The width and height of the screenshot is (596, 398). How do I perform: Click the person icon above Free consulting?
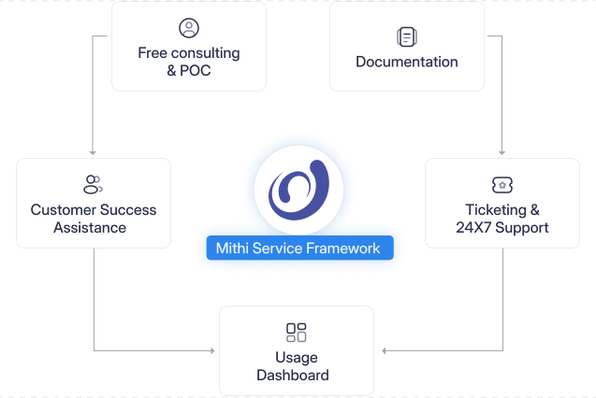pyautogui.click(x=189, y=28)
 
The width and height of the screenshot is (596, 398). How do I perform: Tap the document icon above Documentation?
pyautogui.click(x=406, y=37)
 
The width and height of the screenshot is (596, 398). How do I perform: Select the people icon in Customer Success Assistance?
pyautogui.click(x=93, y=184)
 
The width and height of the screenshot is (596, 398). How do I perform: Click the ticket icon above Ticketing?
pyautogui.click(x=502, y=185)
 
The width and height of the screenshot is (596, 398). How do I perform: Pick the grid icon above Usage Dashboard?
pyautogui.click(x=297, y=333)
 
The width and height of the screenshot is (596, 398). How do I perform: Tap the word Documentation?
pyautogui.click(x=406, y=62)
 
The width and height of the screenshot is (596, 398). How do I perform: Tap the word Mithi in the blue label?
pyautogui.click(x=233, y=249)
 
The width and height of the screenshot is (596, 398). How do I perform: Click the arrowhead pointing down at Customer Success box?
pyautogui.click(x=93, y=153)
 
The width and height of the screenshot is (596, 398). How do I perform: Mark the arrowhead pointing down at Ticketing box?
pyautogui.click(x=503, y=153)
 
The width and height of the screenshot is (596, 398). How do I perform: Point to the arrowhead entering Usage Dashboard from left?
pyautogui.click(x=214, y=351)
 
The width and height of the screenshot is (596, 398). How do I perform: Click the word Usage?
pyautogui.click(x=297, y=357)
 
